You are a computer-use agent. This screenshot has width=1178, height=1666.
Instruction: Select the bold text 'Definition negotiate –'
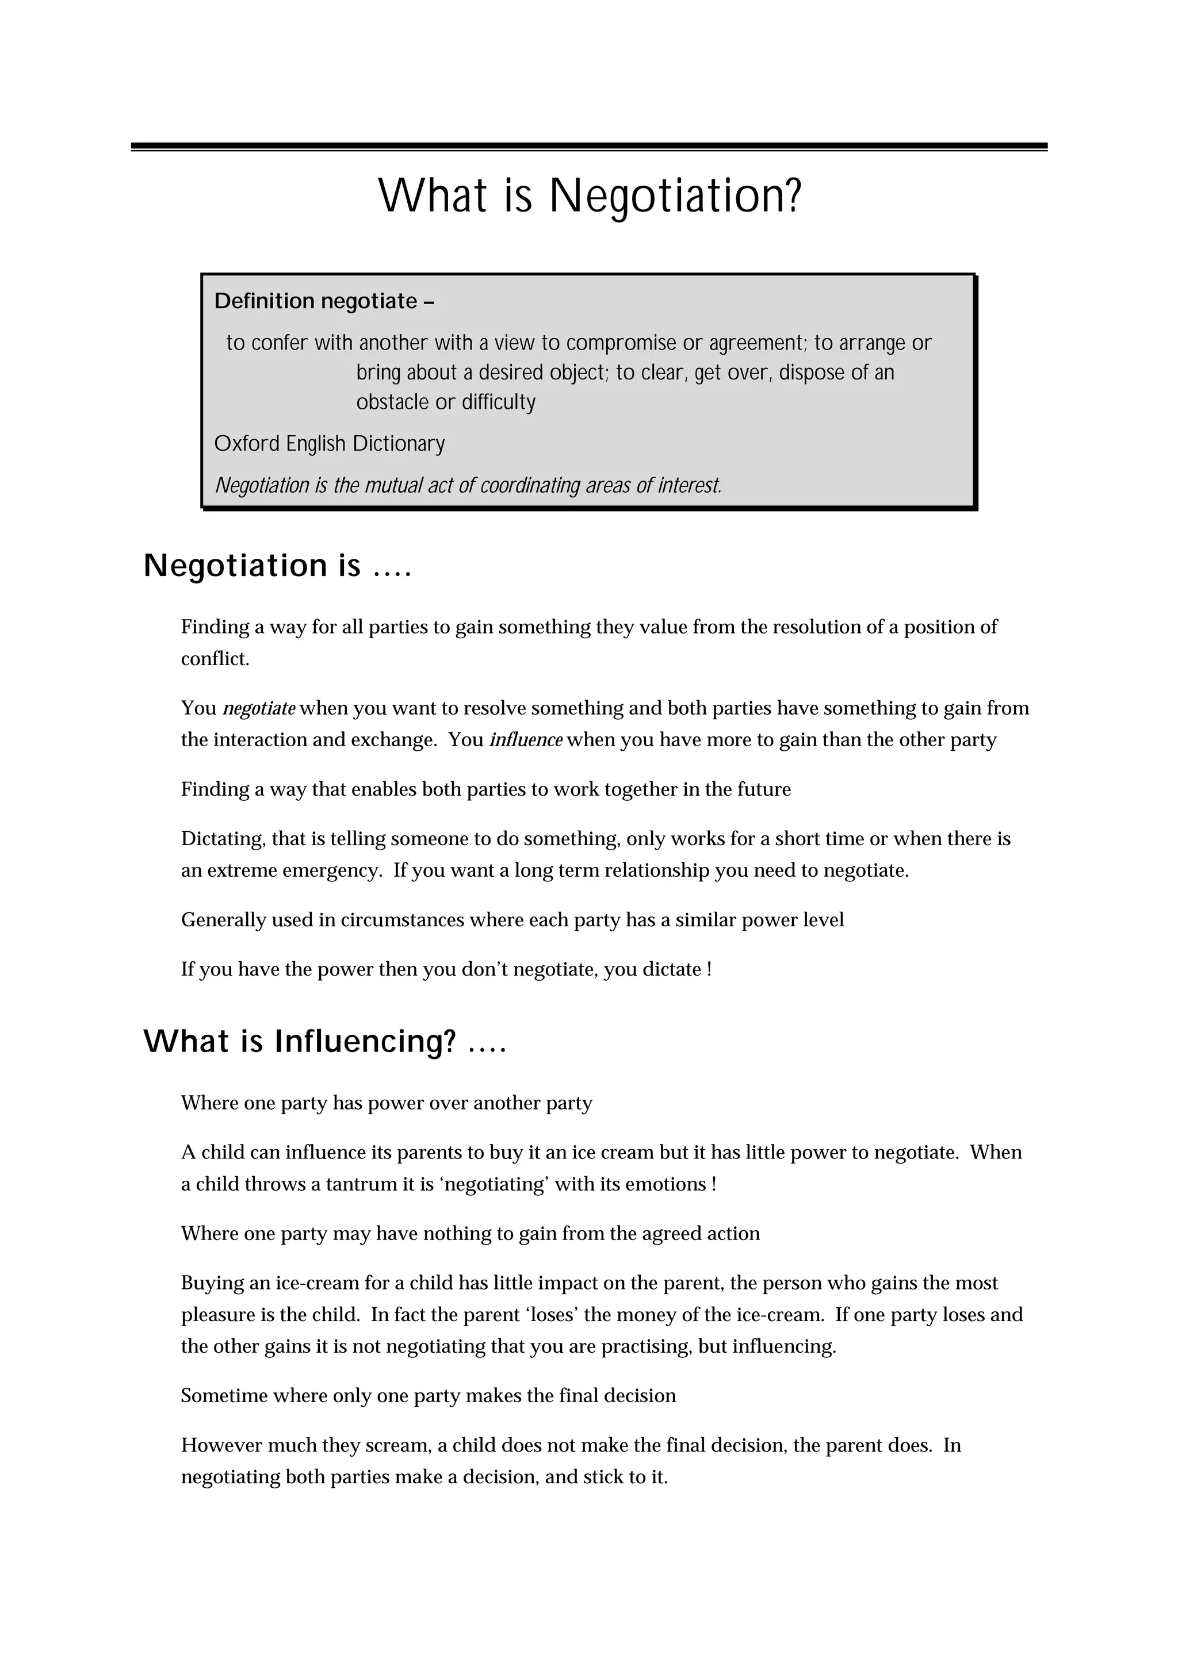point(324,301)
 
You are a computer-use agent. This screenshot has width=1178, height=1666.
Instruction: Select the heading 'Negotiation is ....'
point(277,566)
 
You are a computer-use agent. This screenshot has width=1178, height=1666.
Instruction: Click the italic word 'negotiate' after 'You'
point(259,708)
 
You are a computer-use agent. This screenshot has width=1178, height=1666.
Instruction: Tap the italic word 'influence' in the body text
point(526,740)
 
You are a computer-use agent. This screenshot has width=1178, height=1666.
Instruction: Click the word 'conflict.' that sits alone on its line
point(215,659)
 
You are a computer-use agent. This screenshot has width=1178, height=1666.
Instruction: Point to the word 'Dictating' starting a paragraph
point(223,839)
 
